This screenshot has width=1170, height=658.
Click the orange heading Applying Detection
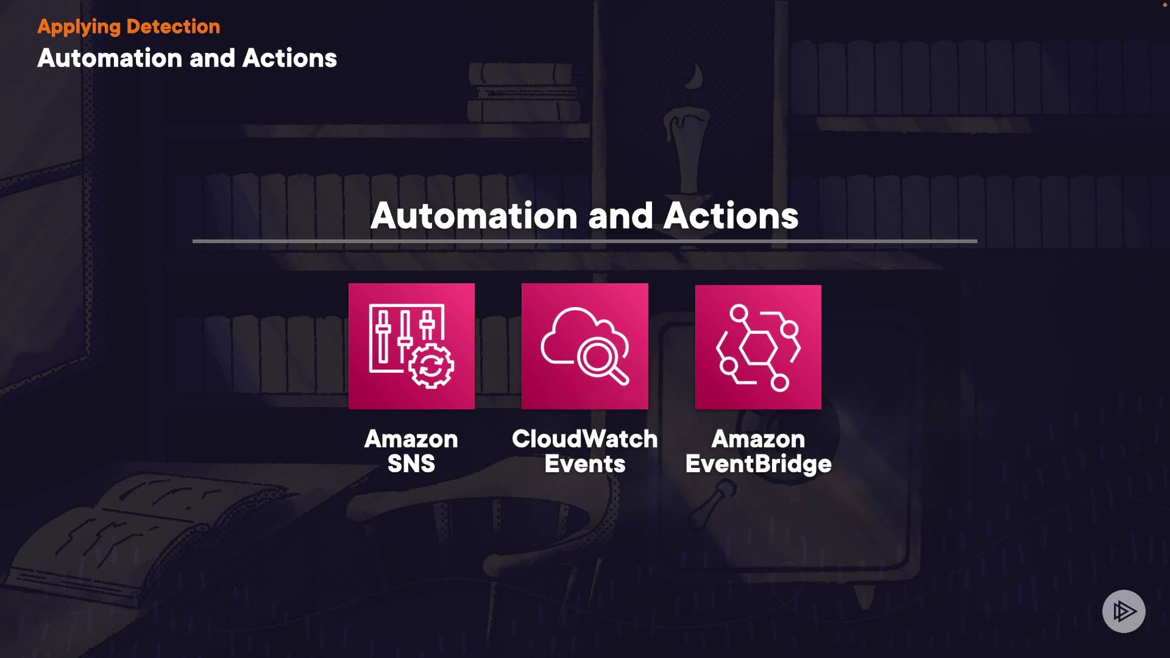(x=129, y=27)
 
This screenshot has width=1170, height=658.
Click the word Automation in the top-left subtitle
(x=110, y=58)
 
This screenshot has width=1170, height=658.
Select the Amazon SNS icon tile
(x=411, y=346)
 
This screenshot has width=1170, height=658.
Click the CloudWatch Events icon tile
(x=585, y=346)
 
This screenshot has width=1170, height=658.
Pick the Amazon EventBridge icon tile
(x=758, y=347)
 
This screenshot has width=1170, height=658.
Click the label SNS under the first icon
(x=411, y=464)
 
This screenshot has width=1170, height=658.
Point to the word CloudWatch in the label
(x=584, y=439)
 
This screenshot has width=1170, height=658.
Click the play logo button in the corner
(x=1124, y=611)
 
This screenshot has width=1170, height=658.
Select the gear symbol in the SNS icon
(x=431, y=366)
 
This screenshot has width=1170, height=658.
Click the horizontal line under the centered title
(x=585, y=241)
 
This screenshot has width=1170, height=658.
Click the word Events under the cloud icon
(x=584, y=464)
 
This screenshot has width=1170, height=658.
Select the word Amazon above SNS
(x=411, y=439)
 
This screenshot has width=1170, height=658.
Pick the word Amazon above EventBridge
(x=758, y=439)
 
